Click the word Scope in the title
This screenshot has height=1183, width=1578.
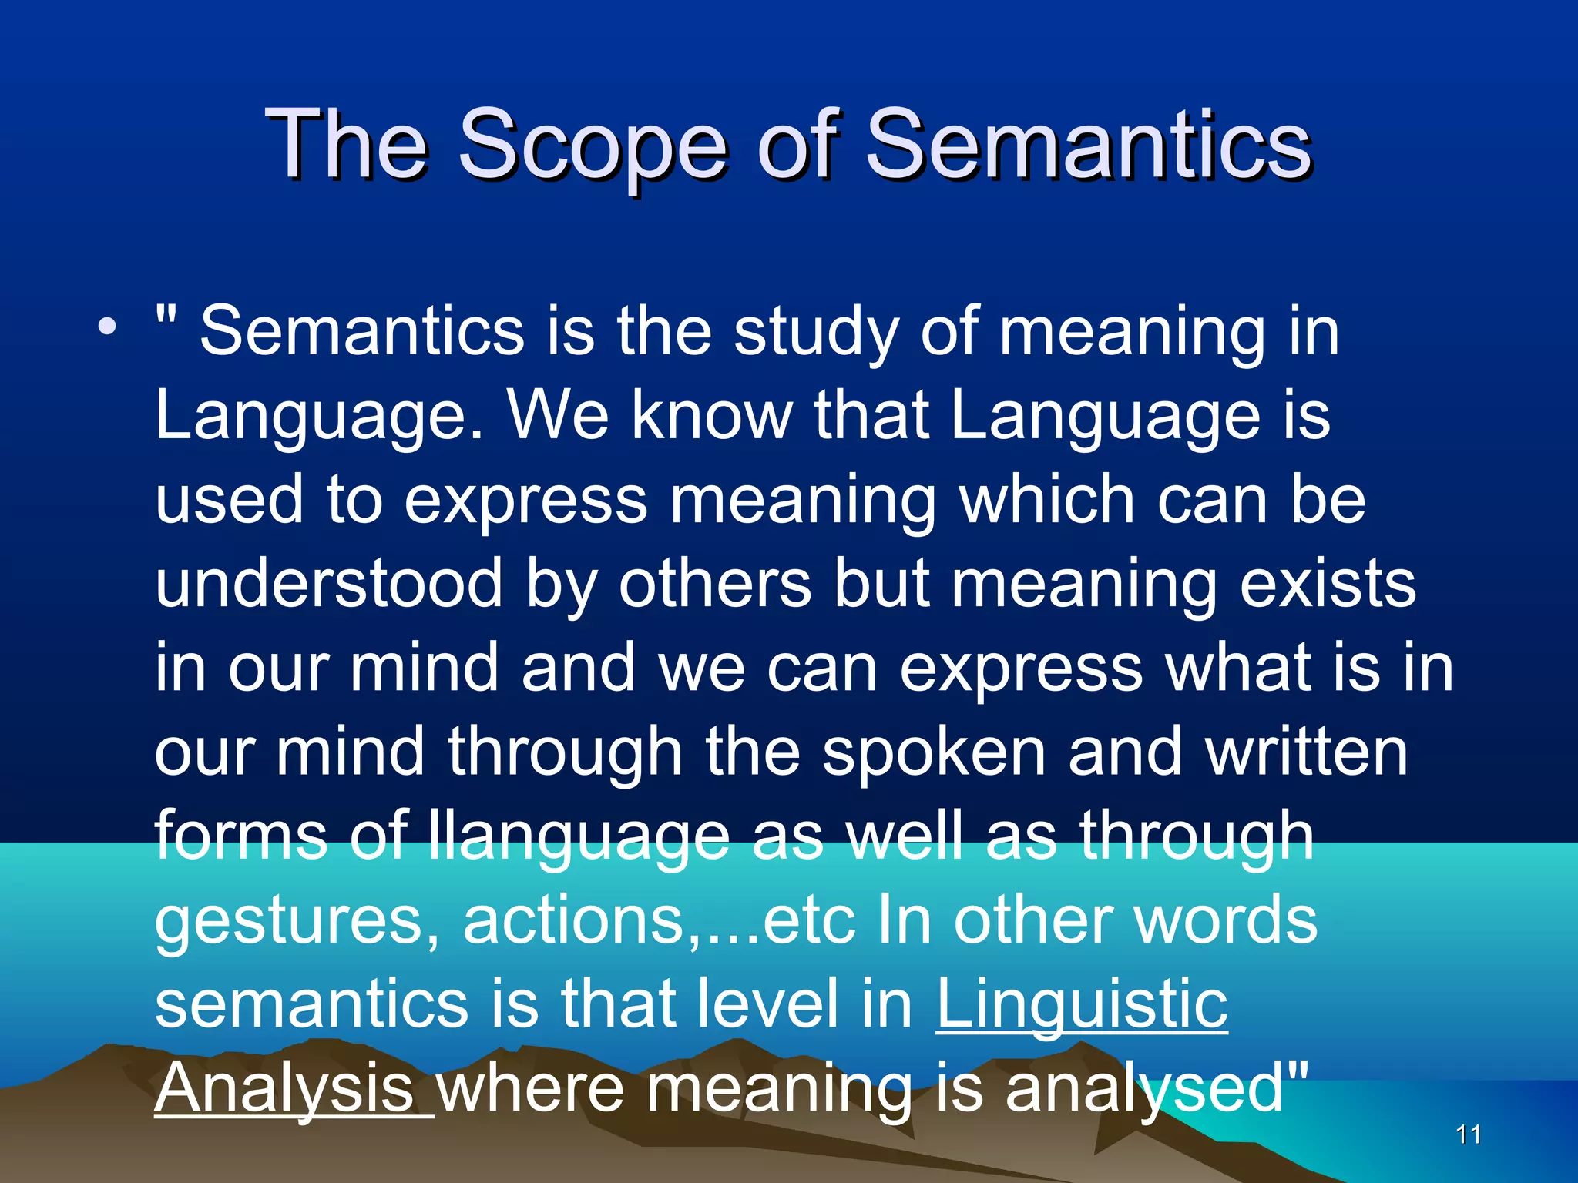pyautogui.click(x=593, y=146)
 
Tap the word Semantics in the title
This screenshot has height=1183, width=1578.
pyautogui.click(x=1088, y=146)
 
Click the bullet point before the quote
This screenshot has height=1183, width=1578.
pyautogui.click(x=107, y=327)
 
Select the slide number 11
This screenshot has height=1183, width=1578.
pyautogui.click(x=1469, y=1134)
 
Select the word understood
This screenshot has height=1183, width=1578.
pyautogui.click(x=329, y=584)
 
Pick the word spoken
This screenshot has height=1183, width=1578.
pyautogui.click(x=933, y=752)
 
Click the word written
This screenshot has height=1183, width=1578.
pyautogui.click(x=1307, y=752)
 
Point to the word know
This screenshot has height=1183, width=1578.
pyautogui.click(x=712, y=415)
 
